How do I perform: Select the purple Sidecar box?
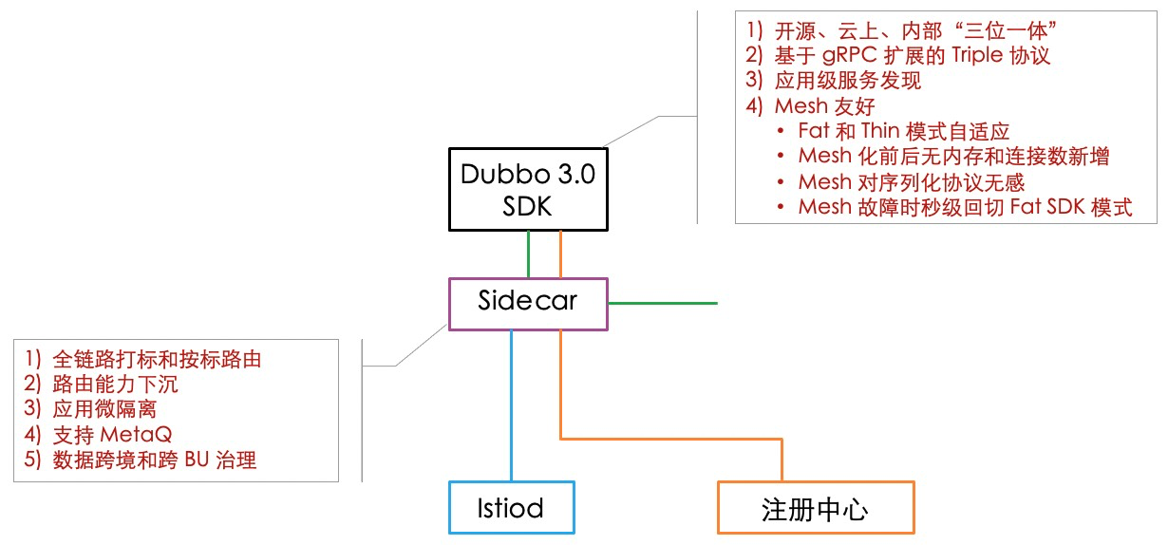[527, 303]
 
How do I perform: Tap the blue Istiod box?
[511, 508]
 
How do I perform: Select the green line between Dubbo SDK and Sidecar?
[528, 254]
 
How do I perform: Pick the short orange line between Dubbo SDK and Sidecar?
[560, 254]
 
